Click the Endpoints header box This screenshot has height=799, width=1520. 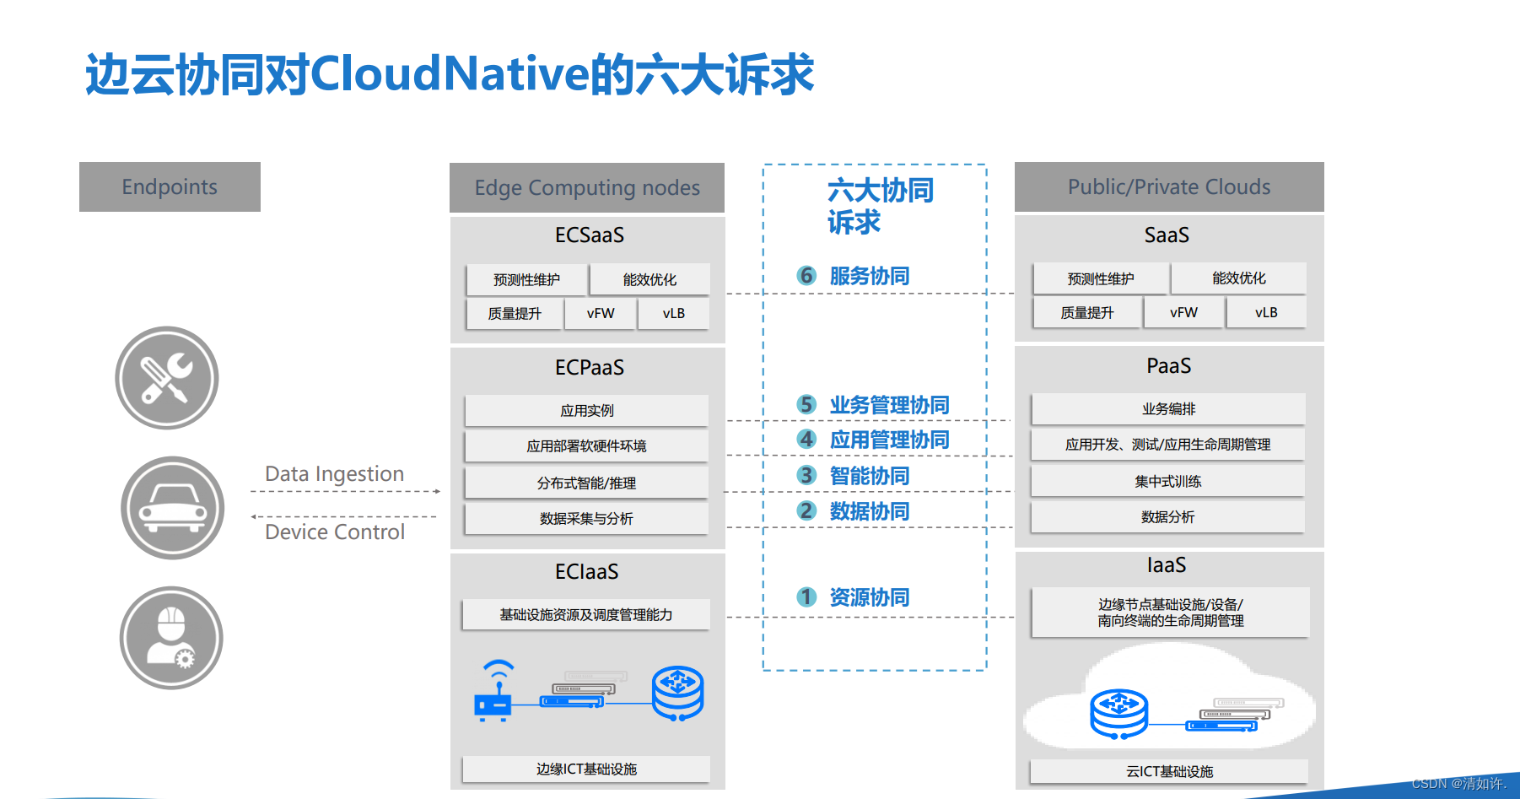coord(170,186)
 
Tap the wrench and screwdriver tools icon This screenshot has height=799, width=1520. coord(167,378)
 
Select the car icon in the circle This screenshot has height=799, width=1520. coord(173,508)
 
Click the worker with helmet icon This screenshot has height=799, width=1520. coord(171,638)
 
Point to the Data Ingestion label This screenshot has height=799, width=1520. coord(335,474)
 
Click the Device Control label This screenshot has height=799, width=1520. coord(335,532)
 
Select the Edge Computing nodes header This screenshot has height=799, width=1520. coord(587,187)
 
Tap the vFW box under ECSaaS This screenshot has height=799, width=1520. coord(601,314)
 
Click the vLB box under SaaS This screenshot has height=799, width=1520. coord(1266,312)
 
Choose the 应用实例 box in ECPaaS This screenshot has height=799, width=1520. coord(587,411)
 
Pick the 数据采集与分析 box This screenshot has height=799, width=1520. coord(587,519)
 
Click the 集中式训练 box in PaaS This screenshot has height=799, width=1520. coord(1168,482)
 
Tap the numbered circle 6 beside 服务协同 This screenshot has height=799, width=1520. coord(806,276)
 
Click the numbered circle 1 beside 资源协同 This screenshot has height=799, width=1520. coord(806,597)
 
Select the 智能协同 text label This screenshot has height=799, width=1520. coord(870,476)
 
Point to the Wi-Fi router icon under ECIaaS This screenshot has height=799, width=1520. coord(495,691)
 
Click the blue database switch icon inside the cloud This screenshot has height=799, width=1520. coord(1118,714)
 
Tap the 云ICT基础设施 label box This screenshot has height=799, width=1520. coord(1169,771)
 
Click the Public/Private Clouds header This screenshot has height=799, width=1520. coord(1169,186)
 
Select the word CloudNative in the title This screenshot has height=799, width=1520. coord(450,74)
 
